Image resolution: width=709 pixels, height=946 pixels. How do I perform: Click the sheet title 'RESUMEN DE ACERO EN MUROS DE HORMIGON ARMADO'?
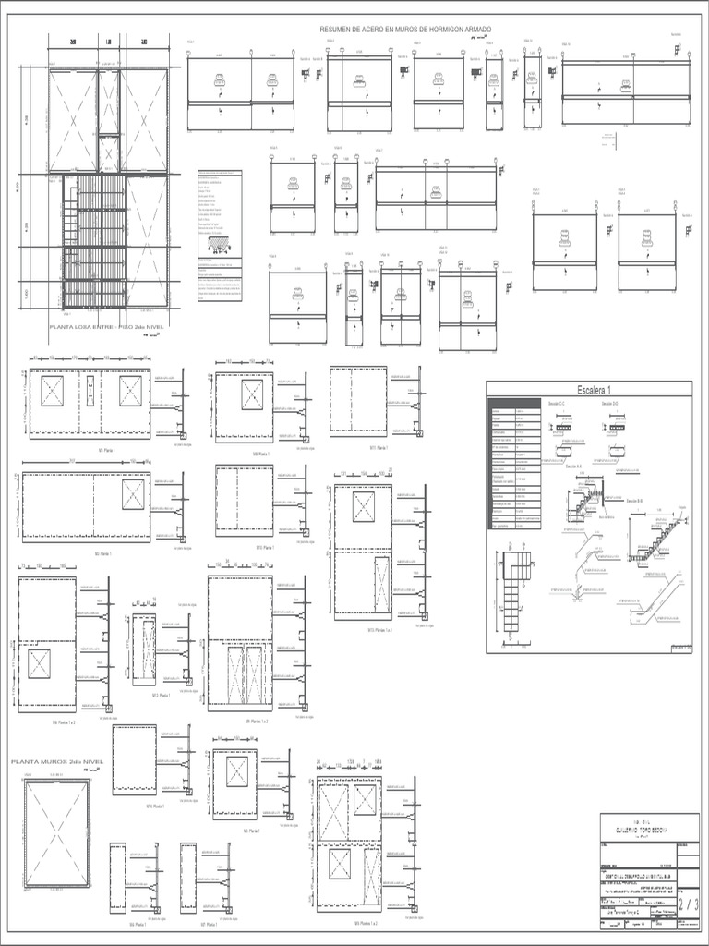(x=405, y=30)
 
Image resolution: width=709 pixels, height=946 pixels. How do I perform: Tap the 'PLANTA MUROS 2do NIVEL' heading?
(x=57, y=762)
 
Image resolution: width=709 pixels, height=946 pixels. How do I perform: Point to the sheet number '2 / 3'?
(x=688, y=904)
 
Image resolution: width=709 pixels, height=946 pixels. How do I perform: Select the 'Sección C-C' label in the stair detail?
(x=559, y=405)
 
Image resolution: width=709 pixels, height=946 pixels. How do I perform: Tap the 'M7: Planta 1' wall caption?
(x=207, y=924)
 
